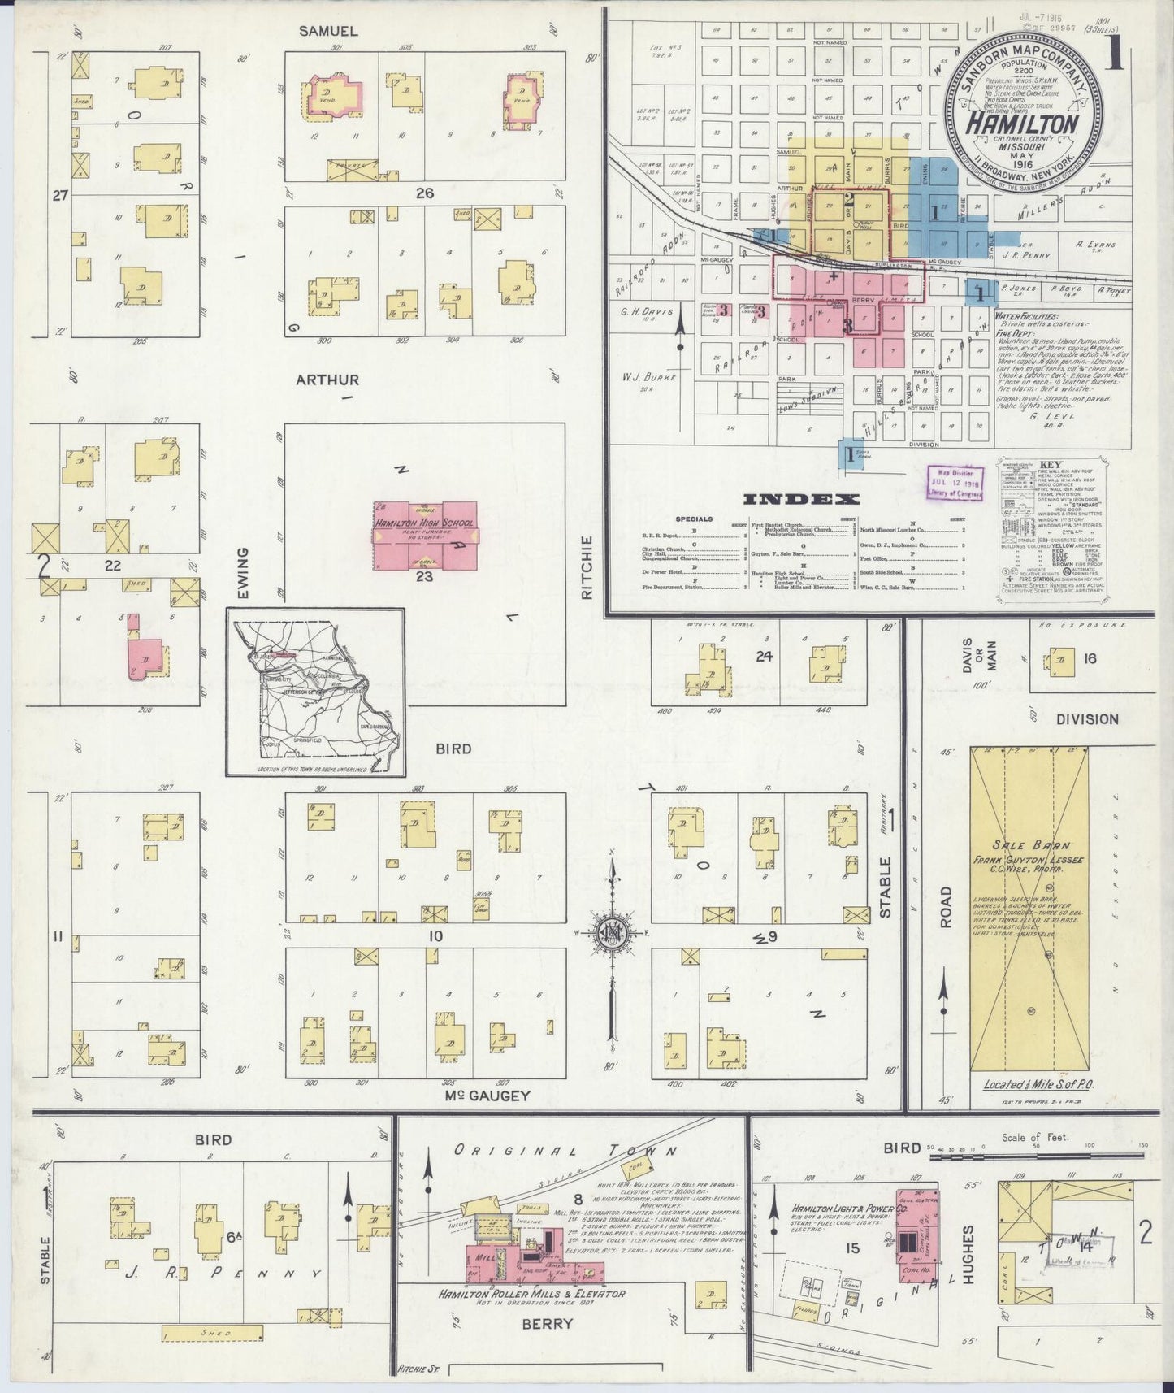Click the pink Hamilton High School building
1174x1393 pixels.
coord(425,536)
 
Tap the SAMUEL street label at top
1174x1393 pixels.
coord(327,31)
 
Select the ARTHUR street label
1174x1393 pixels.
coord(327,380)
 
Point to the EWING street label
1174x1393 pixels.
coord(241,574)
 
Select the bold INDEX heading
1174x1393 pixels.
coord(800,499)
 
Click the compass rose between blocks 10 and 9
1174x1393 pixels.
coord(611,934)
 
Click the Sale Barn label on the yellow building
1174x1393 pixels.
coord(1028,846)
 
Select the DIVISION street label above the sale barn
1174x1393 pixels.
coord(1087,719)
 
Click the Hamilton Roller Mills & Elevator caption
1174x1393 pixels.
coord(532,1294)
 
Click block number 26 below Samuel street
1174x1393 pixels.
coord(424,193)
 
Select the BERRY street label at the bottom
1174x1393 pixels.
coord(547,1324)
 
